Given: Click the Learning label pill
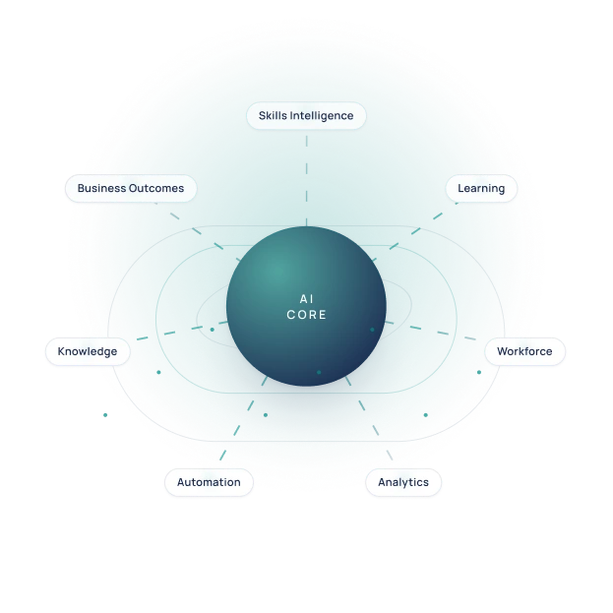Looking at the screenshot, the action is tap(481, 189).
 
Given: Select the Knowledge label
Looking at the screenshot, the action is tap(88, 351).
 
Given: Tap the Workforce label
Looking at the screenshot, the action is tap(524, 351).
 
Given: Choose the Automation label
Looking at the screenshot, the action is tap(209, 482).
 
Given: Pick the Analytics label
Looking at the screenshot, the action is tap(403, 482).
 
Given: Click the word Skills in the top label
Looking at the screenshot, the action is tap(273, 116).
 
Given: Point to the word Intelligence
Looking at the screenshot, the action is tap(322, 116).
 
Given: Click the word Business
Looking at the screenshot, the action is tap(101, 189).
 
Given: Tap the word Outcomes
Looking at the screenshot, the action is tap(156, 189).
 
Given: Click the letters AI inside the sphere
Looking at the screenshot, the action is tap(307, 299).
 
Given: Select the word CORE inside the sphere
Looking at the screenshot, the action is tap(307, 315).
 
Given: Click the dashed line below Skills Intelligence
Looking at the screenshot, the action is tap(307, 181).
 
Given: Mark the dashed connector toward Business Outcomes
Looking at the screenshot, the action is tap(198, 231).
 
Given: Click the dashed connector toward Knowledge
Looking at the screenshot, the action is tap(182, 331).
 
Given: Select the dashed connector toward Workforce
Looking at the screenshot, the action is tap(430, 331).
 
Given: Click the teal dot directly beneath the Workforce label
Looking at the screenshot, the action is tap(479, 372).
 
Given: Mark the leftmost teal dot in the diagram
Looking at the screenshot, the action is tap(105, 415).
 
